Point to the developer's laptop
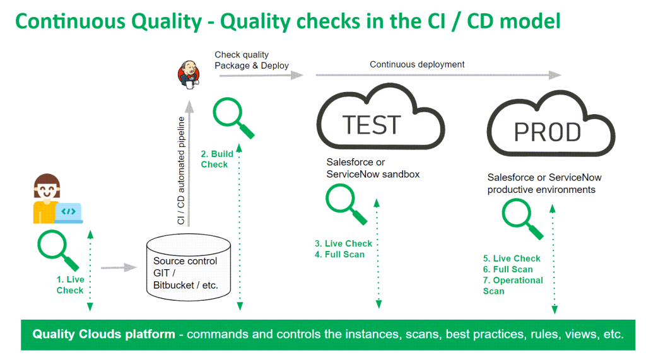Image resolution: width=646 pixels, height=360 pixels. tap(69, 212)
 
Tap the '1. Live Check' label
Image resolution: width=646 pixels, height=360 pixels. tap(69, 285)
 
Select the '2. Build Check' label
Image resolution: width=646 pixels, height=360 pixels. tap(216, 159)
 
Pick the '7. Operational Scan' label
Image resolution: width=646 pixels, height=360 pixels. tap(513, 286)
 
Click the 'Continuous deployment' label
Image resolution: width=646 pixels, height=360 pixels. tap(417, 64)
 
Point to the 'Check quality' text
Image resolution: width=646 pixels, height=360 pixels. tap(242, 55)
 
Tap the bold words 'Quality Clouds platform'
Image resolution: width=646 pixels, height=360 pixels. tap(104, 334)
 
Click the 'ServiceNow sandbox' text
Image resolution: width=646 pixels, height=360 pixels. tap(373, 174)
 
